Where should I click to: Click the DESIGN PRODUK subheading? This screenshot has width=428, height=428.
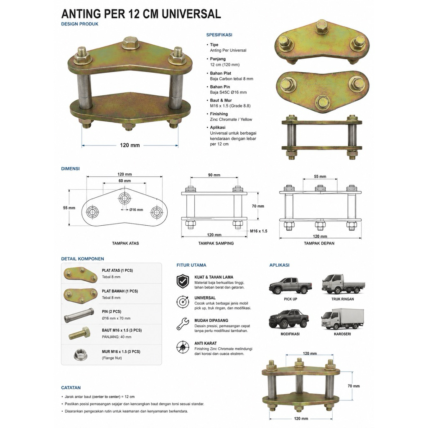(x=80, y=24)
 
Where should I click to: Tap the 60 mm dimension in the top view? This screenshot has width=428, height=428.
(x=125, y=181)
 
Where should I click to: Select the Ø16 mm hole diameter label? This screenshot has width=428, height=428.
(x=136, y=210)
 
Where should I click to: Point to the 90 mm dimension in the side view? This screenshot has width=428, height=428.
(x=214, y=175)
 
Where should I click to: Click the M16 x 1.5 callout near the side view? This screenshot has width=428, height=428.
(x=259, y=231)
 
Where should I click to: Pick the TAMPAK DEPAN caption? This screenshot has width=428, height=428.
(x=319, y=243)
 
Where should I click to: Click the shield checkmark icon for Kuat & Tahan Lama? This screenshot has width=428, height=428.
(x=183, y=281)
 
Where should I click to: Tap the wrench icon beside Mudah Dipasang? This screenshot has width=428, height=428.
(x=183, y=324)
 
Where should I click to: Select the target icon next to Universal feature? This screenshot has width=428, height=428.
(x=183, y=302)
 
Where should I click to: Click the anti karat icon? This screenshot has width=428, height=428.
(x=183, y=347)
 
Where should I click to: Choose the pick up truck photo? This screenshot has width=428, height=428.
(x=290, y=285)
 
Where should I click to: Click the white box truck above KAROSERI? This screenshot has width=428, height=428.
(x=343, y=319)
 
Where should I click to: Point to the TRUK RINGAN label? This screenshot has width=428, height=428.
(x=343, y=299)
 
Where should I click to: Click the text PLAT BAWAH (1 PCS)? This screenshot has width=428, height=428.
(x=120, y=291)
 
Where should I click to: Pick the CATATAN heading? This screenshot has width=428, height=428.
(x=71, y=387)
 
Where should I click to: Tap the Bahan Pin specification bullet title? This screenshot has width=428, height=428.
(x=220, y=87)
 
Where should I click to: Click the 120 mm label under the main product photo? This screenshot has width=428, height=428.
(x=130, y=145)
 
